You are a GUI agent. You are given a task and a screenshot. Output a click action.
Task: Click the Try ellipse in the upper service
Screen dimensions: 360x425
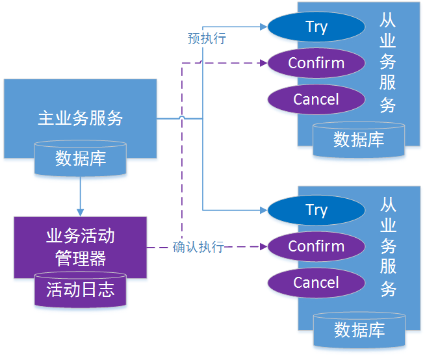(x=316, y=27)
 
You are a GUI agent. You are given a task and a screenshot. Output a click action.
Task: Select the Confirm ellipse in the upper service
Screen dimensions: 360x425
(x=316, y=63)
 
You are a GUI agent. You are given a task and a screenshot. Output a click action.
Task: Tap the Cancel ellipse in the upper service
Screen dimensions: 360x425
(x=316, y=99)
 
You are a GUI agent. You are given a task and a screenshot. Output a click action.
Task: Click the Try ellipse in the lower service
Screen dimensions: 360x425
(x=316, y=210)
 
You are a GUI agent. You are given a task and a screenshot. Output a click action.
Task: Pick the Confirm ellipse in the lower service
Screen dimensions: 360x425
(x=316, y=246)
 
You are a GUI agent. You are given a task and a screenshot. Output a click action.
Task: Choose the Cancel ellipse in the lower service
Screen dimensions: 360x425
(x=316, y=283)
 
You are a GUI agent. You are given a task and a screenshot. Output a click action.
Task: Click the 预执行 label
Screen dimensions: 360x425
(x=207, y=38)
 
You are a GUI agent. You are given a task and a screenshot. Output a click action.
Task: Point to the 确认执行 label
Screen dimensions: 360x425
(x=198, y=247)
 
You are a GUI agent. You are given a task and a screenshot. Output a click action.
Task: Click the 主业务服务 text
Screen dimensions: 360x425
(x=80, y=118)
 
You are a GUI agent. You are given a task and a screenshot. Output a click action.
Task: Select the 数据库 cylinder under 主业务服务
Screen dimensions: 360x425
(x=81, y=159)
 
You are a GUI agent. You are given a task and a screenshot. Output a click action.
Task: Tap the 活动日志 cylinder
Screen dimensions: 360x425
(x=81, y=290)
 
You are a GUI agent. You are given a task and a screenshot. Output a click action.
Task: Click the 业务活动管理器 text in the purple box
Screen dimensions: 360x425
(x=81, y=247)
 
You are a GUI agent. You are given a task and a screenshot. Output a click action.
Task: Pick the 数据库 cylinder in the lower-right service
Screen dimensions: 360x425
(x=359, y=330)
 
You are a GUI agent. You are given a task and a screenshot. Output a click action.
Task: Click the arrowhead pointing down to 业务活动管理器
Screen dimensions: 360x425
(x=81, y=212)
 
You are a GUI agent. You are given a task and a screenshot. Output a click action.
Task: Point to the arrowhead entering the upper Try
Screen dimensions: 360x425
(x=263, y=27)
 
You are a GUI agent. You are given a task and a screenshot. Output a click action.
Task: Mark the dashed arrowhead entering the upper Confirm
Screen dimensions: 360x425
(x=263, y=63)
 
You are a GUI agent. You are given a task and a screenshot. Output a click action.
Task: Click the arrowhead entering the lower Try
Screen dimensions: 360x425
(x=263, y=210)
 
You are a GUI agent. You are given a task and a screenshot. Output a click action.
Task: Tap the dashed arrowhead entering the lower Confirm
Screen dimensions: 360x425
(x=263, y=247)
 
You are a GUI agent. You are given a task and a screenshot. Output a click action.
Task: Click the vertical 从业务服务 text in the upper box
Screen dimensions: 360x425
(x=388, y=63)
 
